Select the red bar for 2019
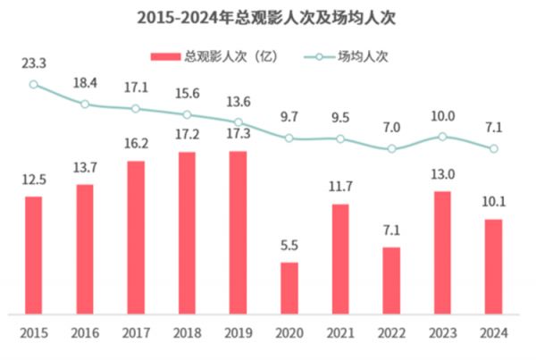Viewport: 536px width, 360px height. point(238,232)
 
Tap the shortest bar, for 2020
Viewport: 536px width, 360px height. point(289,288)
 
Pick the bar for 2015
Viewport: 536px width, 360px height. point(33,255)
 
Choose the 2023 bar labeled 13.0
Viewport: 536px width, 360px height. point(441,252)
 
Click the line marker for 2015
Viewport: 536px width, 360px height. point(33,85)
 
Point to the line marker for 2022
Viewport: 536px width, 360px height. point(390,149)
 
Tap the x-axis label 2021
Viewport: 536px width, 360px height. point(339,333)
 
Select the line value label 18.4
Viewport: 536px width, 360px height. point(85,83)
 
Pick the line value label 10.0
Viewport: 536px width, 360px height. point(441,116)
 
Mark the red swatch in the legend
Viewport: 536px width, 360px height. point(167,56)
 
